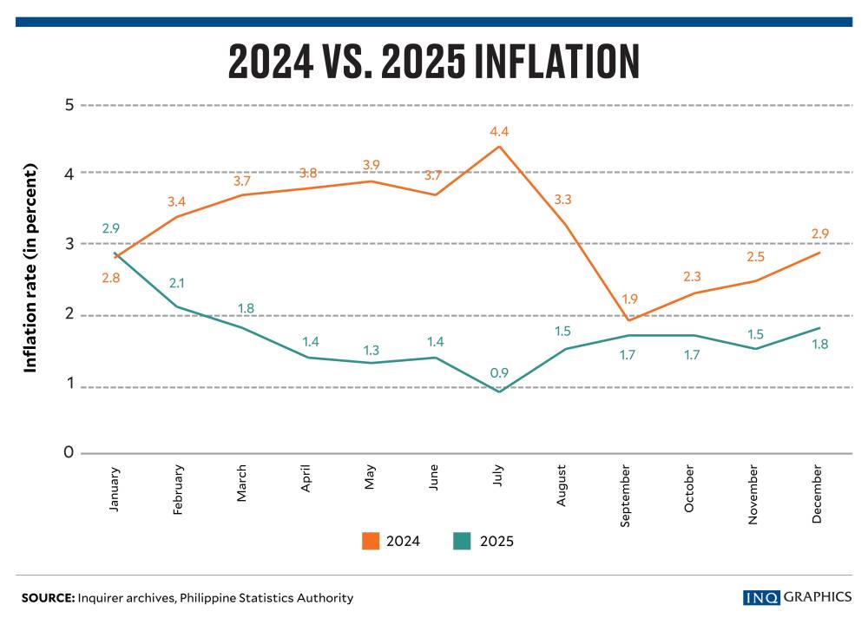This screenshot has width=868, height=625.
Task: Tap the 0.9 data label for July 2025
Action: pyautogui.click(x=498, y=374)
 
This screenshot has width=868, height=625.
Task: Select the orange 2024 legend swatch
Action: pyautogui.click(x=371, y=541)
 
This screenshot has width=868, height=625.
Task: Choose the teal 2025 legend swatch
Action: pyautogui.click(x=461, y=541)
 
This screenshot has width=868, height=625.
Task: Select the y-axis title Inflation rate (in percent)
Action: pyautogui.click(x=30, y=269)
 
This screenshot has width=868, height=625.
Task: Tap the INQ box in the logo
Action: pyautogui.click(x=761, y=597)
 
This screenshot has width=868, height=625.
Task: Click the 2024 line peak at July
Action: pyautogui.click(x=498, y=146)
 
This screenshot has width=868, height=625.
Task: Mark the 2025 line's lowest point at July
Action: pyautogui.click(x=498, y=391)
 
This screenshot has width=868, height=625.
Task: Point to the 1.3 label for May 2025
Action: pyautogui.click(x=371, y=350)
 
